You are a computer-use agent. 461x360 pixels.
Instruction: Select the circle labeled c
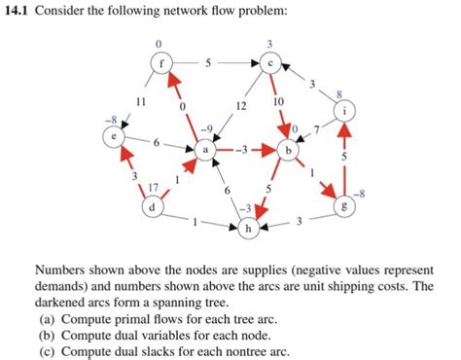(270, 62)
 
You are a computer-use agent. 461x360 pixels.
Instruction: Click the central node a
(205, 151)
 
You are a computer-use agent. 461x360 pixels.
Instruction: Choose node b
(288, 151)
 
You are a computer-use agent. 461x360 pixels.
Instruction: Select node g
(339, 207)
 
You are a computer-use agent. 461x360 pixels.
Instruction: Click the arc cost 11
(141, 100)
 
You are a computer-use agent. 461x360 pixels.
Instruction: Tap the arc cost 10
(278, 100)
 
